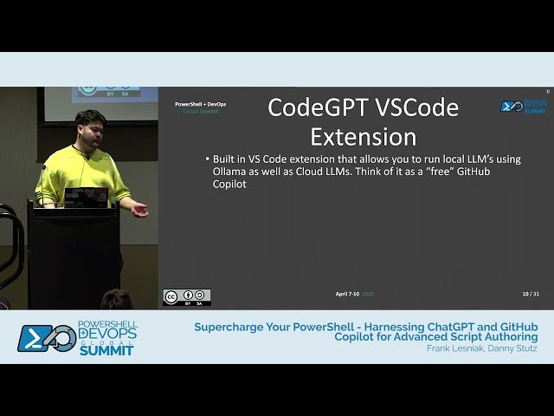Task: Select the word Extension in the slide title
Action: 363,137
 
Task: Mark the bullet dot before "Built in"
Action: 207,159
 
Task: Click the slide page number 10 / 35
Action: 531,294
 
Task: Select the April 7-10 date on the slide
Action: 348,294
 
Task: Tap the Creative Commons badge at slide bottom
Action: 186,296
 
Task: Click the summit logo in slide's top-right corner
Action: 523,106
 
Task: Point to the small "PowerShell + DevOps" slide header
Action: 200,104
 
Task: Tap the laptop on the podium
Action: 87,198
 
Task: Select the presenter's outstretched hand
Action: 138,209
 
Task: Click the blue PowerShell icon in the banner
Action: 34,338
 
